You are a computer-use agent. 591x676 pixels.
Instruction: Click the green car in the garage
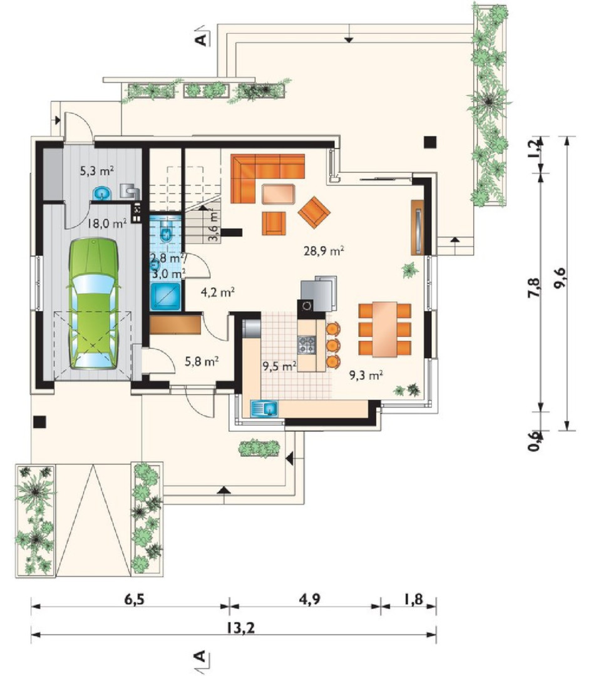click(93, 304)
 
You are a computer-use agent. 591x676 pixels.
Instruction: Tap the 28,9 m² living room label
click(324, 250)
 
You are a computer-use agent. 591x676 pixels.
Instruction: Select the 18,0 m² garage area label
click(107, 223)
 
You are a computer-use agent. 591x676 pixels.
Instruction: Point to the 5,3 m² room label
click(97, 171)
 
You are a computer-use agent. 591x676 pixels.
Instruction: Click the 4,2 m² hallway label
click(218, 293)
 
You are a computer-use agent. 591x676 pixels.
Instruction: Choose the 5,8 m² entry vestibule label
click(202, 361)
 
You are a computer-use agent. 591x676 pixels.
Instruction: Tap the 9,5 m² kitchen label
click(279, 366)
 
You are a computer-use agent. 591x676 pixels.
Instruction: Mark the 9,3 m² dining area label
click(366, 375)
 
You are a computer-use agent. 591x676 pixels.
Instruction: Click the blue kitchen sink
click(264, 408)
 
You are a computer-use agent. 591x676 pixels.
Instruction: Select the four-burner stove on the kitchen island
click(307, 344)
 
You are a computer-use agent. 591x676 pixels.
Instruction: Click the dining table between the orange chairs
click(385, 329)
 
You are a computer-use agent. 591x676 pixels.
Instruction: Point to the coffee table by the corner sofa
click(279, 193)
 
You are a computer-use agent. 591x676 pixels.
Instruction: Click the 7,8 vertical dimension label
click(533, 287)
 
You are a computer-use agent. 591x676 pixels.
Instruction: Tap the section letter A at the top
click(201, 39)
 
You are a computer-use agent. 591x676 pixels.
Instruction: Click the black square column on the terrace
click(429, 142)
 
